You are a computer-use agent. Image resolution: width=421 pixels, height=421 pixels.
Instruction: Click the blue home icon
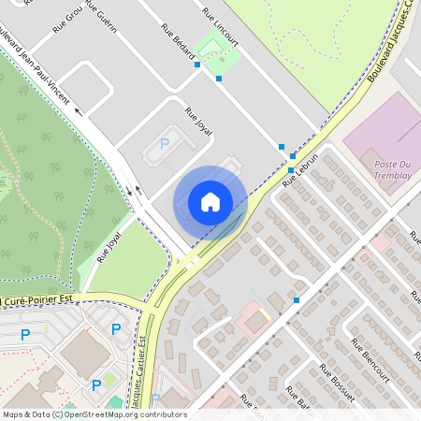point(210,202)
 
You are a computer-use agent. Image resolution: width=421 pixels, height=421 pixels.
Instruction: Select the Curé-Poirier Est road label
point(37,300)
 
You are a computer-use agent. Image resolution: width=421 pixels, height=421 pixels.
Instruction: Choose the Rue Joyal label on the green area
point(109,246)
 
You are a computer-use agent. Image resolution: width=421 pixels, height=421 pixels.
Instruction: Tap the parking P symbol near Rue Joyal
point(165,144)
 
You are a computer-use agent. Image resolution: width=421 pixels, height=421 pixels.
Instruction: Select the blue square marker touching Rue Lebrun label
point(291,170)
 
